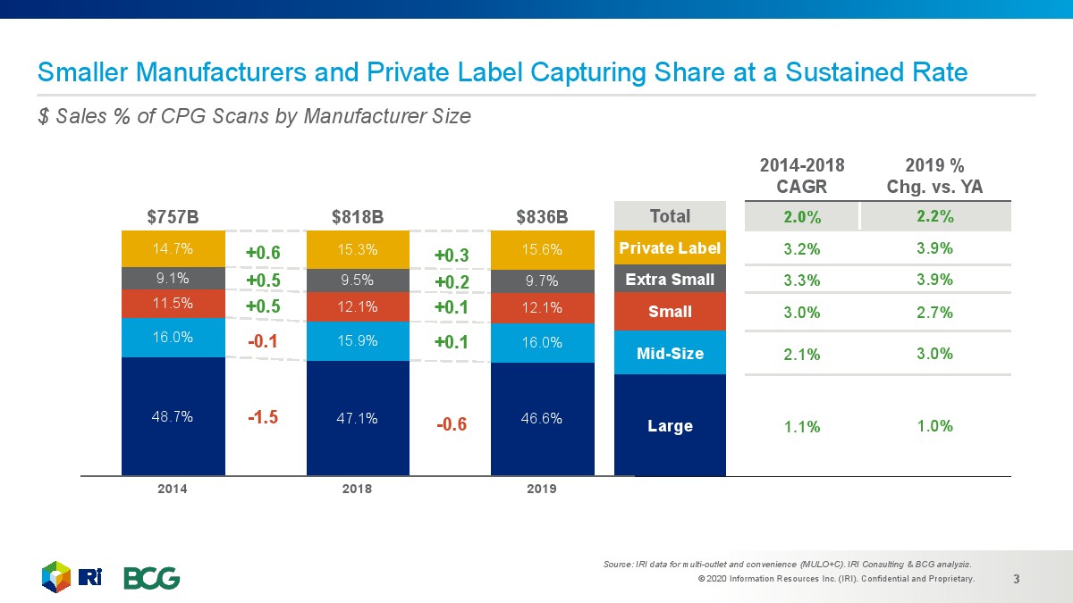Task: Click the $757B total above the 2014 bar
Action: click(173, 216)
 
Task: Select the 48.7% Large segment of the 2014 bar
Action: click(173, 416)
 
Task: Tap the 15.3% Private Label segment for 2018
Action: click(357, 247)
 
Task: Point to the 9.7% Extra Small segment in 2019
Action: click(542, 281)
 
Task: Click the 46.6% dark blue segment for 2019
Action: click(542, 418)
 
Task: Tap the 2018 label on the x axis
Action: click(357, 489)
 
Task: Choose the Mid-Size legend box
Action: click(670, 354)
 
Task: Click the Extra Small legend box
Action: click(670, 280)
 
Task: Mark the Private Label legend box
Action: click(670, 247)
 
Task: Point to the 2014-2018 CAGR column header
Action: click(801, 175)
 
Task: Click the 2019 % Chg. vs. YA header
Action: click(934, 175)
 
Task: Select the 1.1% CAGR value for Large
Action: click(801, 427)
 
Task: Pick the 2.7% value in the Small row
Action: click(934, 313)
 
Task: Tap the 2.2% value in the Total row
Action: click(934, 216)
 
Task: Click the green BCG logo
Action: click(151, 578)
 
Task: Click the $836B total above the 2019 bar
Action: click(542, 216)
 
